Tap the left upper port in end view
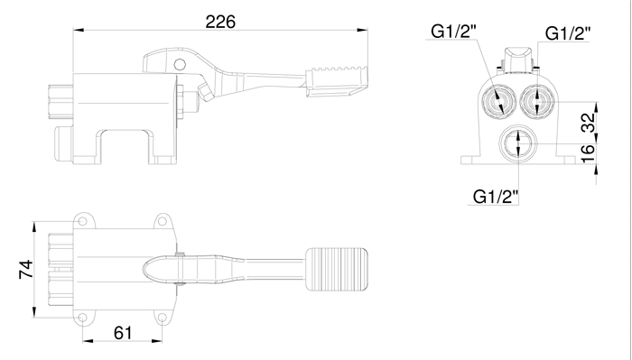coord(496,98)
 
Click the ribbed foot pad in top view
coord(336,267)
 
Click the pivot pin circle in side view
coord(179,64)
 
